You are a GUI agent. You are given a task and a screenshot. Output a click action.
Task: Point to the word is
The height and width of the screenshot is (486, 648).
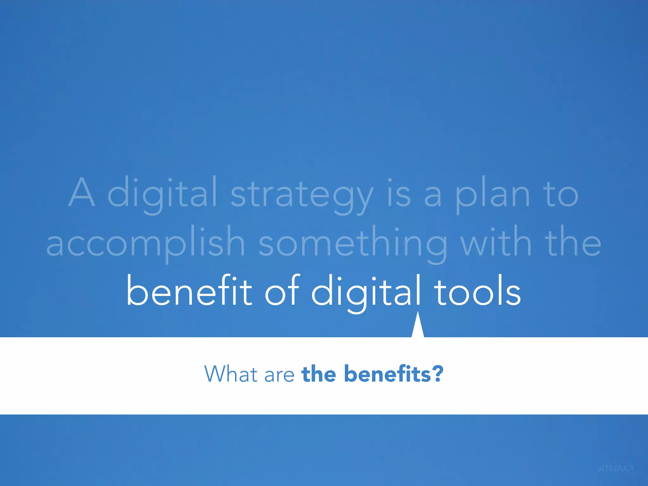coord(399,193)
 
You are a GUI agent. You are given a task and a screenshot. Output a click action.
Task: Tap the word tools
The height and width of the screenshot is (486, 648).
coord(477,291)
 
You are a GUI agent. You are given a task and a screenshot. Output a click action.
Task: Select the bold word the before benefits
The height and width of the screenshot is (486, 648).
coord(319,374)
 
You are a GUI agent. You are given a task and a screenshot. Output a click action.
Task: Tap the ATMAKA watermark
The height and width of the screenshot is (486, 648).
coord(616,469)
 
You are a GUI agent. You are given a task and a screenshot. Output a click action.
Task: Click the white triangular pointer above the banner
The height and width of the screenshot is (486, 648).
coord(418,327)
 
